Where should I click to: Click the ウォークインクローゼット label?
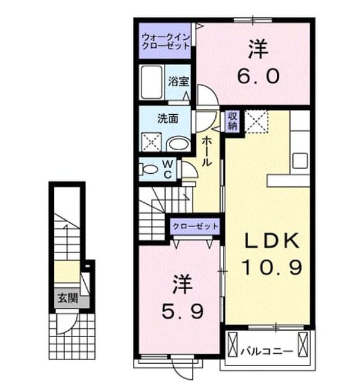point(166,42)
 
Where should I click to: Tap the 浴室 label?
point(179,81)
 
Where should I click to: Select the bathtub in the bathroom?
point(151,83)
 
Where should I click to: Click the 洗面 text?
point(168,119)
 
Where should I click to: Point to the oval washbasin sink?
point(179,144)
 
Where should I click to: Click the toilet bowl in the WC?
point(150,169)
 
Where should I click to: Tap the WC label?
point(168,169)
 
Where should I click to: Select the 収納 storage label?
point(232,120)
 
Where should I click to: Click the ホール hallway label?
point(207,151)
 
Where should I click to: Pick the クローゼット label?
point(196,227)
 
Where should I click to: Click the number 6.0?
point(258,76)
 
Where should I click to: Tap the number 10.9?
point(272,267)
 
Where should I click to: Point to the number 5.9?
point(182,311)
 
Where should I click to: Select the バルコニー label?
point(266,352)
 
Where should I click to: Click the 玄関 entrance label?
point(68,299)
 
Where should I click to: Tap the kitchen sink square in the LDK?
point(300,161)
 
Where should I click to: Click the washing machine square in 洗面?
point(151,142)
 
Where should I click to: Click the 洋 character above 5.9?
point(182,284)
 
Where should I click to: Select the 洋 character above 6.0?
point(258,49)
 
